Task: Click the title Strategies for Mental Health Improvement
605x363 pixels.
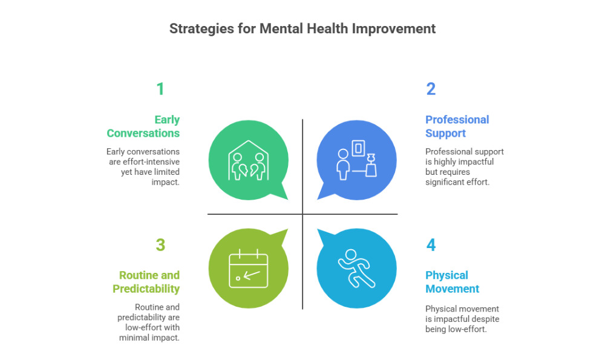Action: click(302, 28)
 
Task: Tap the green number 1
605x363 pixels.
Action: click(160, 89)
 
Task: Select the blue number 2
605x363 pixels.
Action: click(431, 89)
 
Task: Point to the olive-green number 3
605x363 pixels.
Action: click(160, 245)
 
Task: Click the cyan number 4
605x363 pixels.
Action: click(431, 245)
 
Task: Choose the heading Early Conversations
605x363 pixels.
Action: click(143, 126)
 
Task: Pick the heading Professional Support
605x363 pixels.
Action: click(457, 126)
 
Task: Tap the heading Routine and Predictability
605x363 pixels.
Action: click(146, 282)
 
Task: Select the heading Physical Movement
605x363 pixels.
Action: click(452, 282)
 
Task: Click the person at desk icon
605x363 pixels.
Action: click(357, 159)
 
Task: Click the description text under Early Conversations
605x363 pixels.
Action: click(143, 166)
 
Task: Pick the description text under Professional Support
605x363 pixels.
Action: click(464, 166)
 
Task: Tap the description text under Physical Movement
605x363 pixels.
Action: click(462, 319)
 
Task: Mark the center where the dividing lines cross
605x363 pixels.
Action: click(302, 214)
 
